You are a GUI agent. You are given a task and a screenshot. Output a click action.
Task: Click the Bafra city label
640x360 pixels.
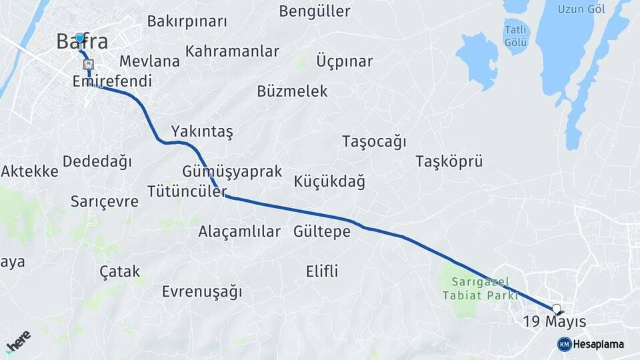[x=82, y=41]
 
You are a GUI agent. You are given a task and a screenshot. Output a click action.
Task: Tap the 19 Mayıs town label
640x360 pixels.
[x=554, y=321]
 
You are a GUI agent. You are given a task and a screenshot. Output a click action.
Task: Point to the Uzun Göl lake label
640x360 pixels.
[x=582, y=9]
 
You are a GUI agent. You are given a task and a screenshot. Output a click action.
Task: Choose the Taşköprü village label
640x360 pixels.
[x=449, y=161]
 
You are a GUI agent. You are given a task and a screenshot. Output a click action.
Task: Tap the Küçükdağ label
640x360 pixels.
[x=329, y=181]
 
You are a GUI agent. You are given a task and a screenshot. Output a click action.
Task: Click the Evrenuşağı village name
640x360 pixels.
[x=202, y=291]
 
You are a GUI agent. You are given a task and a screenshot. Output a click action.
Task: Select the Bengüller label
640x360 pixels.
[x=315, y=11]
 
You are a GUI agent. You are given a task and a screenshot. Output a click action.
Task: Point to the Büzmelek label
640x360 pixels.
[x=292, y=91]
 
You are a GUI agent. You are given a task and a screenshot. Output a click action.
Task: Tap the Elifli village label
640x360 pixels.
[x=322, y=271]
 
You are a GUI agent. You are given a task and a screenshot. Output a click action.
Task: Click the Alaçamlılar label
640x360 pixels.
[x=239, y=231]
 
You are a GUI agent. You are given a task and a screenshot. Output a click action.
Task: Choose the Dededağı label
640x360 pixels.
[x=97, y=161]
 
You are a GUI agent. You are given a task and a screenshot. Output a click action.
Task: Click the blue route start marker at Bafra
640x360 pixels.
[x=79, y=38]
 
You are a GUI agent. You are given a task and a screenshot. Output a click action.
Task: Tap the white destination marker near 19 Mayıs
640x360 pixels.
[x=557, y=309]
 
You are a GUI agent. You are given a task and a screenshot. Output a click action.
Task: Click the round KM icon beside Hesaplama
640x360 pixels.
[x=564, y=344]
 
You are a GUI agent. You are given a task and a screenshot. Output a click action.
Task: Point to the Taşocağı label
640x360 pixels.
[x=374, y=141]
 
